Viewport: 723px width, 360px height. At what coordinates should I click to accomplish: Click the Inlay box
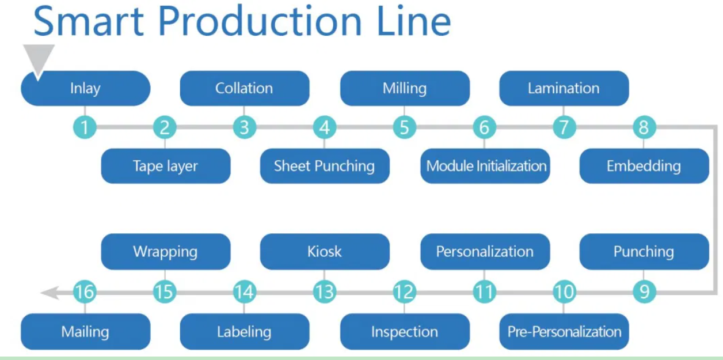pyautogui.click(x=85, y=89)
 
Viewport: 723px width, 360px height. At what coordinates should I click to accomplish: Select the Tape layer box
pyautogui.click(x=166, y=166)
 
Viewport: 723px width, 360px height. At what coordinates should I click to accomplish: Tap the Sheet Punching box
pyautogui.click(x=325, y=166)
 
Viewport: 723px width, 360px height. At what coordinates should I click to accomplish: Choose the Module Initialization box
pyautogui.click(x=485, y=166)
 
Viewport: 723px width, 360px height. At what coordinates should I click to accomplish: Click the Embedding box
pyautogui.click(x=644, y=166)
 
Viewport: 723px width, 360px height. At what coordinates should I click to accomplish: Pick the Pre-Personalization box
pyautogui.click(x=564, y=332)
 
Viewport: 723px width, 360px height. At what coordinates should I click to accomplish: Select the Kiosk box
pyautogui.click(x=325, y=252)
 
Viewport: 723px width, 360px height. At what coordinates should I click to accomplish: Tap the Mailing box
pyautogui.click(x=85, y=332)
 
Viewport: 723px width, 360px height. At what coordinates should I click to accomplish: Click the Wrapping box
pyautogui.click(x=166, y=252)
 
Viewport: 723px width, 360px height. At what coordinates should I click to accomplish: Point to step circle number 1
pyautogui.click(x=85, y=127)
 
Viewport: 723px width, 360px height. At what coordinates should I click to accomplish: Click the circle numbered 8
pyautogui.click(x=644, y=127)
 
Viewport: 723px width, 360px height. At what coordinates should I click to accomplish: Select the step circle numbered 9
pyautogui.click(x=644, y=293)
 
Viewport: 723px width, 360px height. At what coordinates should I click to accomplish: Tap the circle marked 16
pyautogui.click(x=85, y=293)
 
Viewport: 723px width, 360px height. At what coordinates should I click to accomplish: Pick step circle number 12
pyautogui.click(x=404, y=293)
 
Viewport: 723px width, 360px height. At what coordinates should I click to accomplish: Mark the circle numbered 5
pyautogui.click(x=404, y=127)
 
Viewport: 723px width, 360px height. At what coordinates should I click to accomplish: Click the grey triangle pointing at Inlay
pyautogui.click(x=39, y=58)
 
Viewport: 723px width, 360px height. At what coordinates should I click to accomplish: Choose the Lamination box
pyautogui.click(x=564, y=89)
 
